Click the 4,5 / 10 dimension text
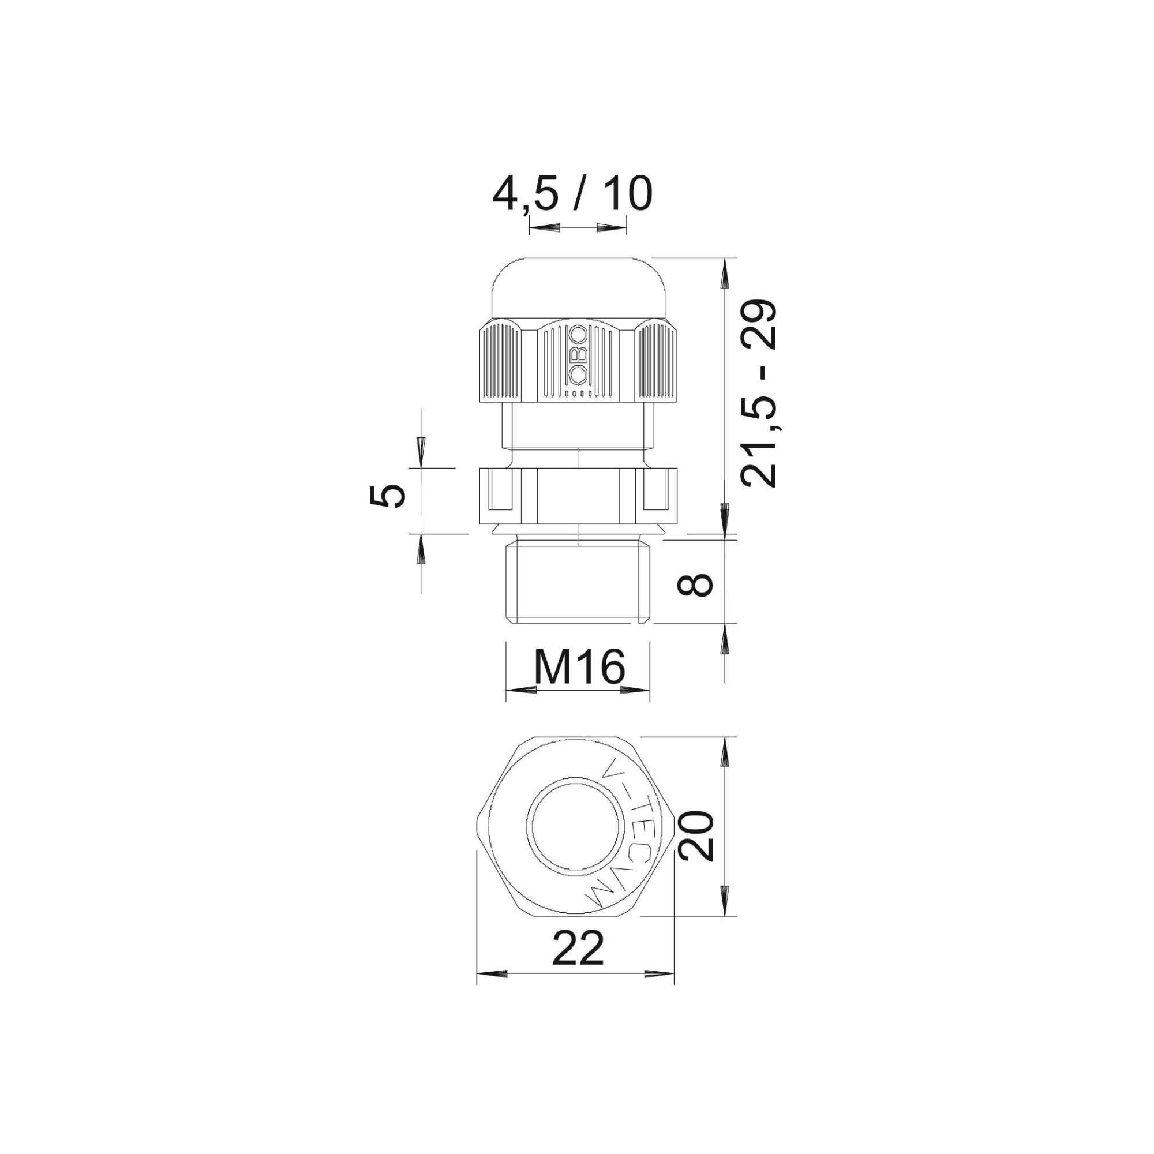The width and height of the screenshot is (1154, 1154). (572, 194)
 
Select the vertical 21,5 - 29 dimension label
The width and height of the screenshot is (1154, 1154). (759, 394)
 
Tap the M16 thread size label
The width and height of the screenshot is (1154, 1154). (579, 666)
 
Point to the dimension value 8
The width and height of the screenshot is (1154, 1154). (695, 585)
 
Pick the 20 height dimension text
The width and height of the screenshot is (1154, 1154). (696, 836)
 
